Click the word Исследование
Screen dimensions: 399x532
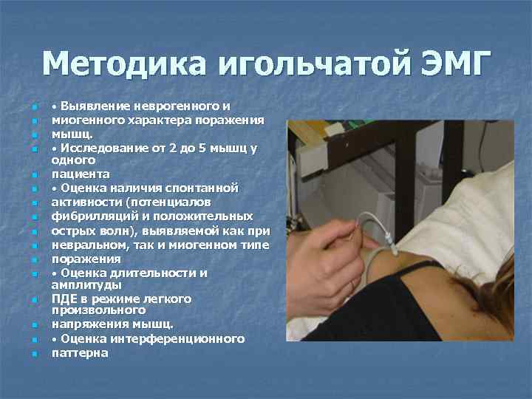(103, 148)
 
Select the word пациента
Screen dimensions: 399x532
(80, 174)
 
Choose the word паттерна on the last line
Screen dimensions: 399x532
(80, 352)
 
